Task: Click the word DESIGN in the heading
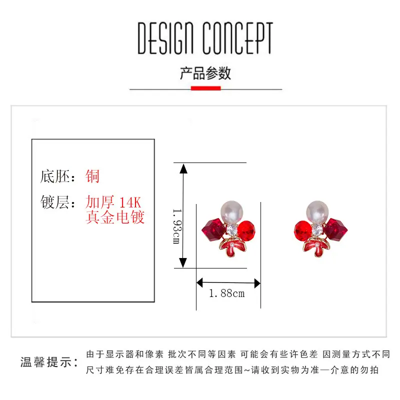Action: coord(165,38)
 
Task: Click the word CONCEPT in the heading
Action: coord(238,38)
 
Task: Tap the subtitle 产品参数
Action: coord(205,73)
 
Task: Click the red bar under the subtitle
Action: coord(206,88)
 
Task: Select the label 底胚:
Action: coord(57,176)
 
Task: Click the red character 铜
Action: coord(92,176)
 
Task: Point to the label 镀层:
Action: coord(58,202)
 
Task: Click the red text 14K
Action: coord(130,202)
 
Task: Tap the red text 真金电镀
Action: coord(115,217)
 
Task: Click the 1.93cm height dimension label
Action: coord(177,226)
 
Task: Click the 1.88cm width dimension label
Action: coord(227,293)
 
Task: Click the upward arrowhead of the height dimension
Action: coord(183,169)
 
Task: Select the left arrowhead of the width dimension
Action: coord(199,282)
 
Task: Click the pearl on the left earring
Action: coord(231,212)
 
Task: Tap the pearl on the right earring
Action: coord(317,212)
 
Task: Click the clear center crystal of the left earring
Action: coord(232,230)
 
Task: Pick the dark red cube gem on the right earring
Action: coord(335,229)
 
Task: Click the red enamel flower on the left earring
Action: coord(232,246)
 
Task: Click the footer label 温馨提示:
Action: coord(49,362)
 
